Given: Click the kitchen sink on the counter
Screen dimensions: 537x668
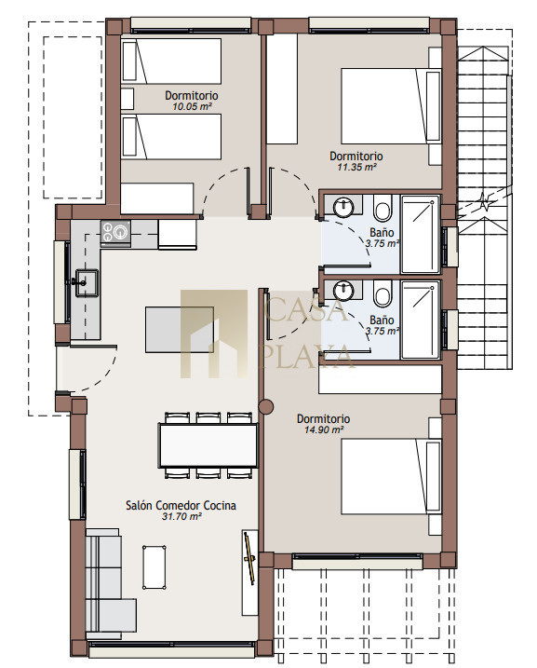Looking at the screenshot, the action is click(x=87, y=282).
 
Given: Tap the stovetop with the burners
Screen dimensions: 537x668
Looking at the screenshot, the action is click(x=115, y=233).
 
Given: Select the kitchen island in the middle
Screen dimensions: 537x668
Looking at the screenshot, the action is click(x=180, y=329).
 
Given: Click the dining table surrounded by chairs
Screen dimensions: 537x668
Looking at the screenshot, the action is click(x=208, y=445).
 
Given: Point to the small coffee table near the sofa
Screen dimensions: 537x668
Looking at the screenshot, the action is click(x=154, y=567).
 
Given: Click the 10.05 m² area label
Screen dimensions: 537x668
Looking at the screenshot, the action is click(x=192, y=106).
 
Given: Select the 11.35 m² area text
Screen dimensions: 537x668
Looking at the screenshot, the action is click(x=356, y=167).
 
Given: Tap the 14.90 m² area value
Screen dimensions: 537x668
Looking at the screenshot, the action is click(x=324, y=429).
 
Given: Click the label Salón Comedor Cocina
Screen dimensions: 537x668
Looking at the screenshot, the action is click(x=181, y=505).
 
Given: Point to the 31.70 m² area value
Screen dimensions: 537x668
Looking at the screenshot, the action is click(x=181, y=517).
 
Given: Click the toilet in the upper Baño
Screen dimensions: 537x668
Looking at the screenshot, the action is click(x=383, y=209).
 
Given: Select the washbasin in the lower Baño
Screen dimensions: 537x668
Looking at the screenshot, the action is click(x=343, y=291).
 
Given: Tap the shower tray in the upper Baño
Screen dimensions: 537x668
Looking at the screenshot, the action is click(x=421, y=234).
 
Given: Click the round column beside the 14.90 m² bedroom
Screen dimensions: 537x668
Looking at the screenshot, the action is click(x=266, y=407).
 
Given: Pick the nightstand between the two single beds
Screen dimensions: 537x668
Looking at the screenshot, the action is click(x=128, y=99).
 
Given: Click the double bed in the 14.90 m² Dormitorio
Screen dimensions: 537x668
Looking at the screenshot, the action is click(x=391, y=476).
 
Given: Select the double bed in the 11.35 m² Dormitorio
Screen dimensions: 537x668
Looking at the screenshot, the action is click(x=391, y=106).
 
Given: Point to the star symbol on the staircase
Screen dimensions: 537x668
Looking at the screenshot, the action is click(x=484, y=201).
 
